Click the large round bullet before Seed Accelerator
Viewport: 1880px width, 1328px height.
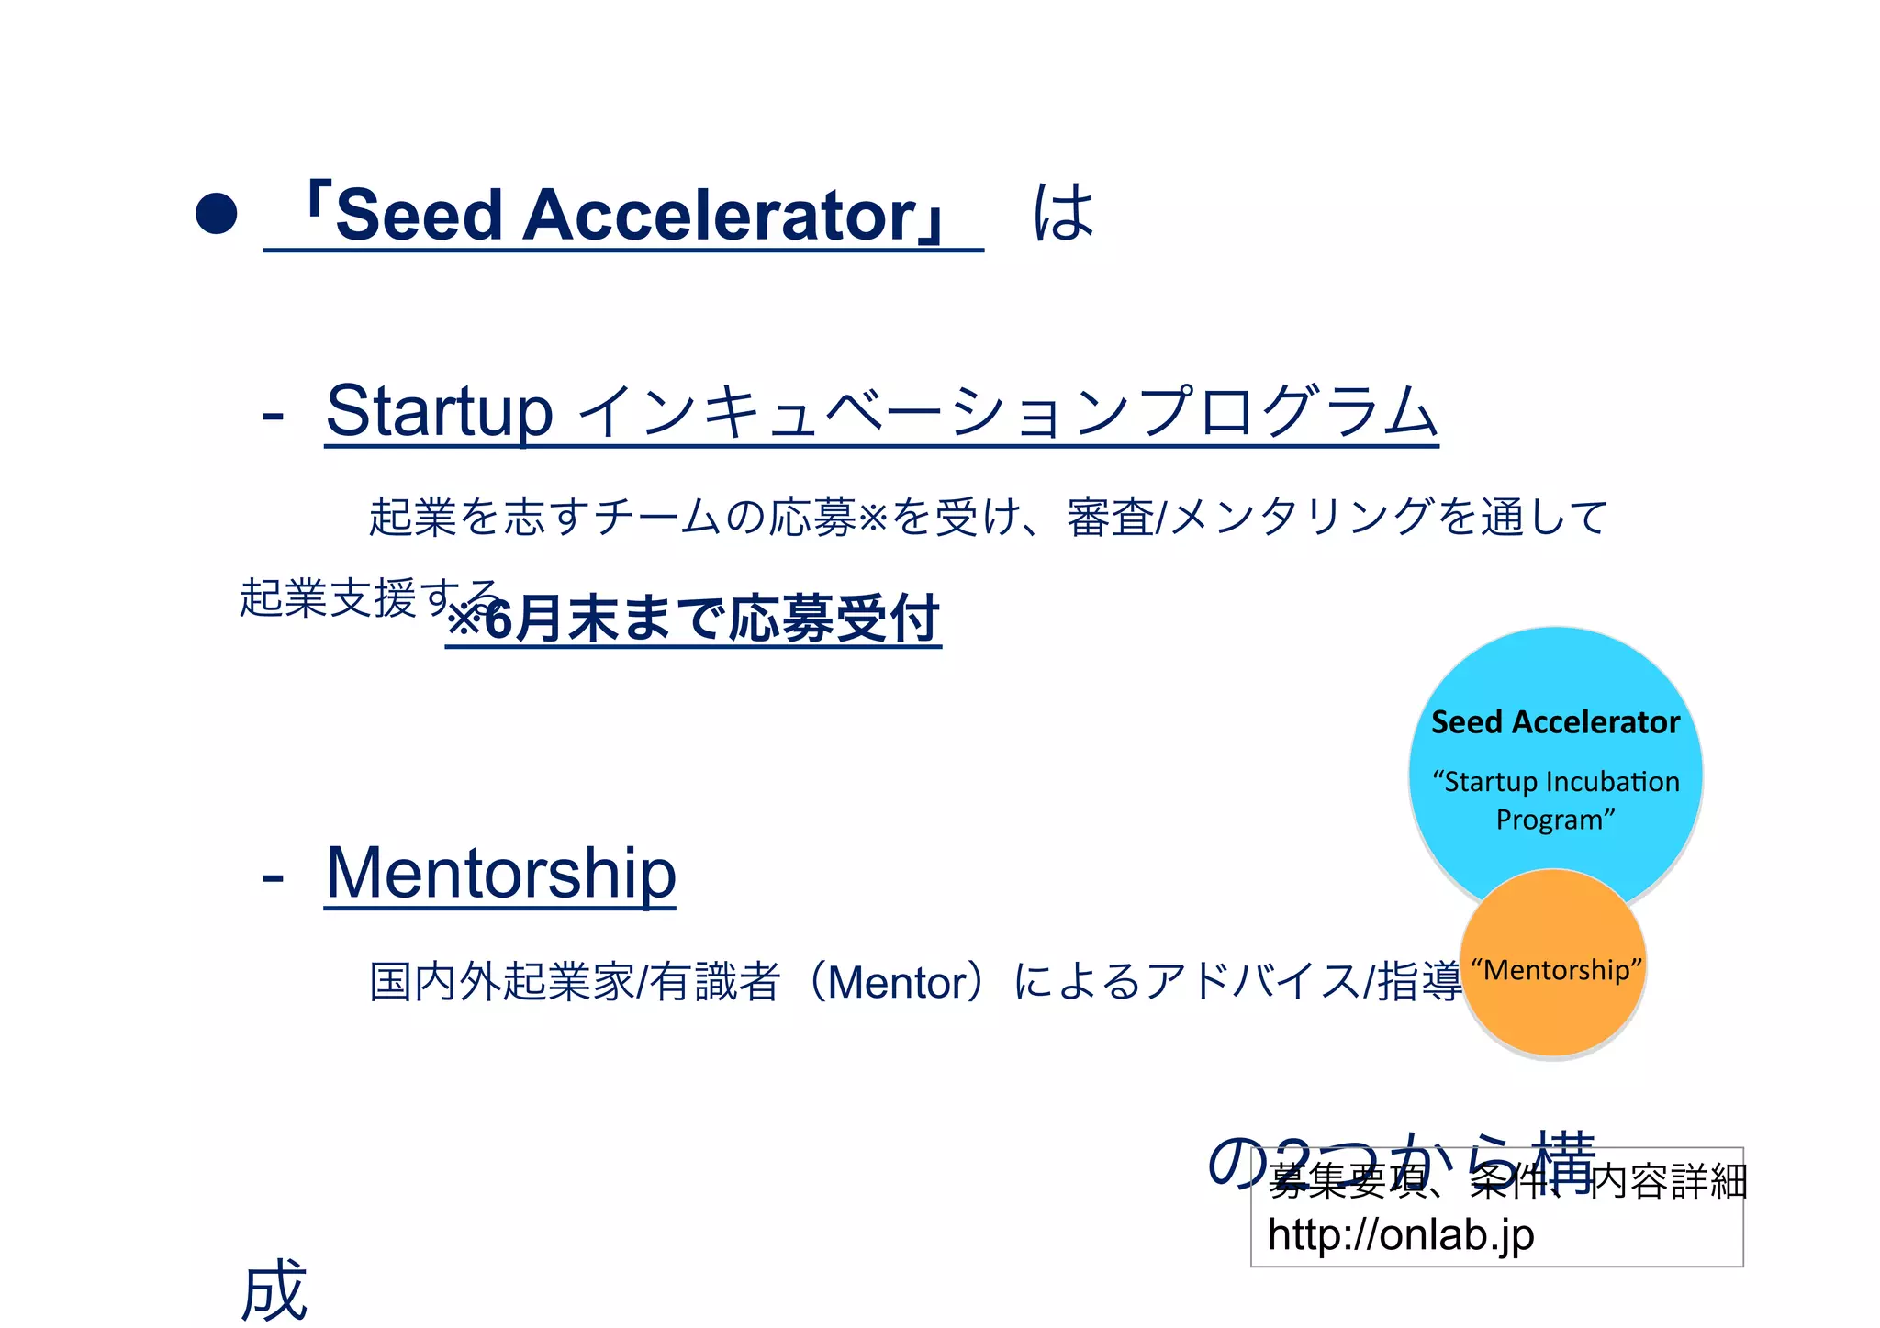point(217,213)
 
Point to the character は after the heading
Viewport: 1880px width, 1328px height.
point(1064,213)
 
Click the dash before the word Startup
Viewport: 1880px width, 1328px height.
point(273,416)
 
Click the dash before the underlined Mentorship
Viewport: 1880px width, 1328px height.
point(273,877)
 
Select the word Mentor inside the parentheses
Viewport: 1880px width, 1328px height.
point(897,982)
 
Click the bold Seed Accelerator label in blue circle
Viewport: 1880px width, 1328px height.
point(1555,722)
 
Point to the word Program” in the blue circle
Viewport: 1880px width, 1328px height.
point(1555,819)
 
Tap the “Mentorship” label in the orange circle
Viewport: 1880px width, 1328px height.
point(1556,970)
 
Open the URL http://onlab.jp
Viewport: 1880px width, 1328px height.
point(1401,1234)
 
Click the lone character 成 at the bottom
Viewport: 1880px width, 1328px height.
point(274,1289)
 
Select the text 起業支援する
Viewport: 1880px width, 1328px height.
point(367,598)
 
